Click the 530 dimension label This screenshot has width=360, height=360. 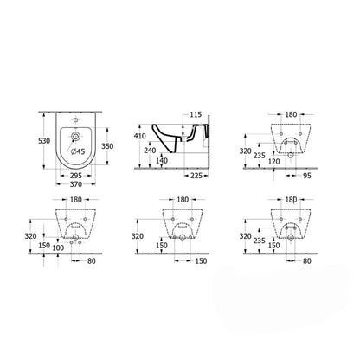(x=44, y=141)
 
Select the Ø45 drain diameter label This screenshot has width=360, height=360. (x=78, y=151)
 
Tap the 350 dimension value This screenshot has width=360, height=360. (x=107, y=146)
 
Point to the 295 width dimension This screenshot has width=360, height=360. (x=76, y=175)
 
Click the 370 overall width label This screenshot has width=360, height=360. (x=76, y=184)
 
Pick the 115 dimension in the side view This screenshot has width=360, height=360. (x=196, y=114)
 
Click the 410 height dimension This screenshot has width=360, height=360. (x=140, y=136)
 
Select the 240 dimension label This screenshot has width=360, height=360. (x=150, y=151)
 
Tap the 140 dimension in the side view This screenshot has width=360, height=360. (x=162, y=160)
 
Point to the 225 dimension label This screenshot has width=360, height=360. (x=196, y=175)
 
